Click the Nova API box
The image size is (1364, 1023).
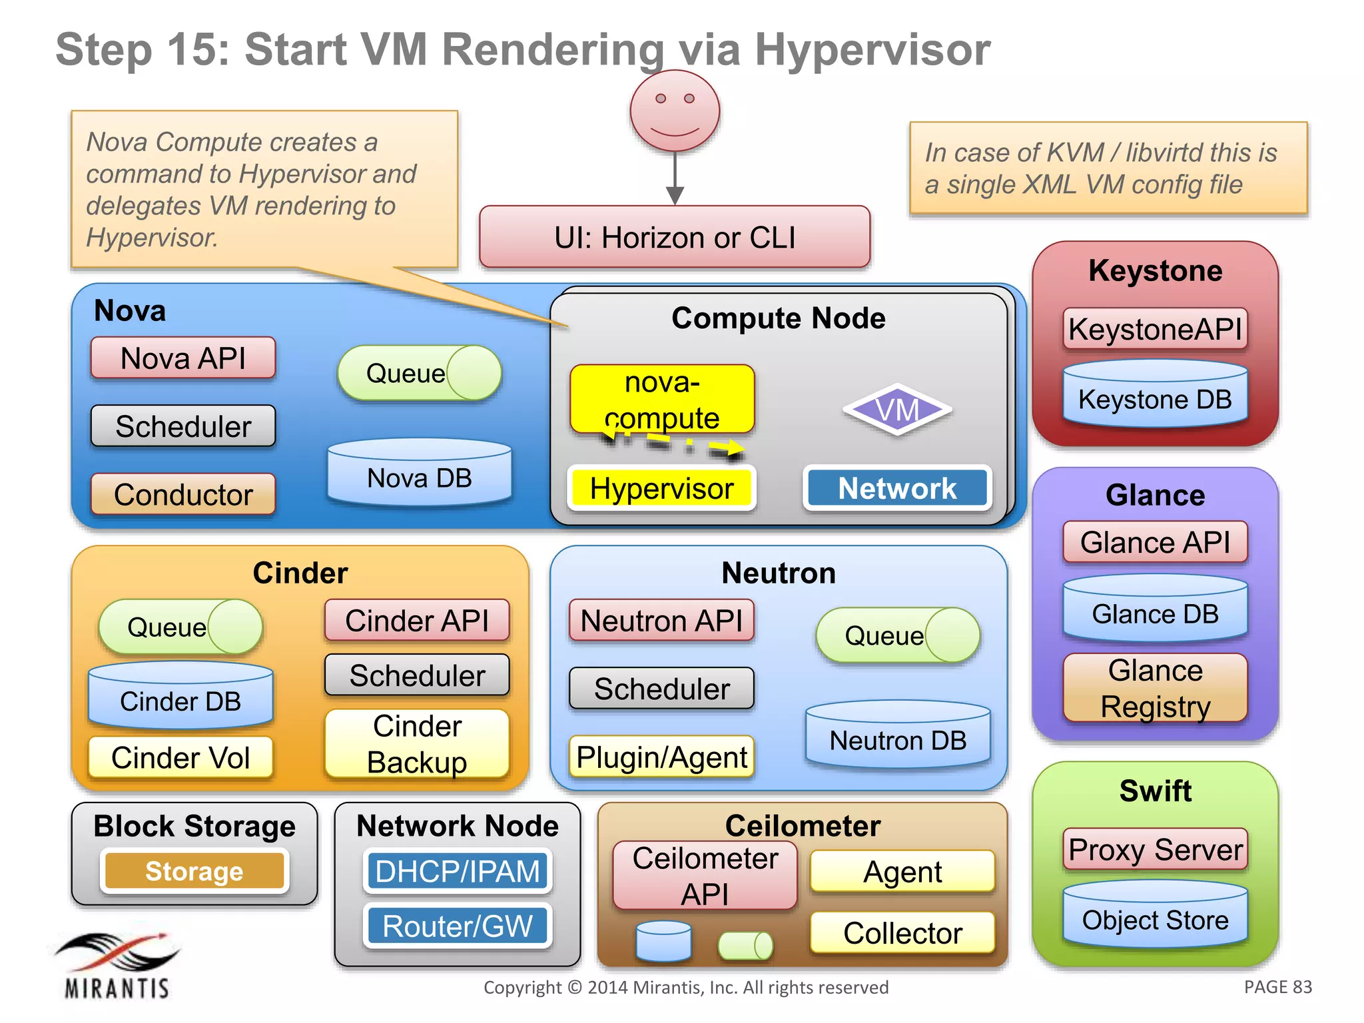tap(183, 358)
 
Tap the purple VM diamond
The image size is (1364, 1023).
tap(897, 410)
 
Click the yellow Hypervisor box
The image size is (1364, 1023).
tap(661, 488)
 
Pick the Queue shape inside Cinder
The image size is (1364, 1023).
tap(180, 627)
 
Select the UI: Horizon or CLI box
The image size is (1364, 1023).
tap(675, 238)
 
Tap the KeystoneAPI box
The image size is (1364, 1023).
tap(1155, 329)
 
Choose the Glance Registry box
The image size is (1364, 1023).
tap(1155, 688)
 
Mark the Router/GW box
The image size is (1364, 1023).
tap(458, 926)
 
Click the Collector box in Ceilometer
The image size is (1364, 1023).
tap(902, 932)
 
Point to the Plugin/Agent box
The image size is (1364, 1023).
tap(661, 757)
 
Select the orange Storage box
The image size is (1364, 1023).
tap(194, 871)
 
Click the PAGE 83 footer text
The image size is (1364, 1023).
tap(1277, 987)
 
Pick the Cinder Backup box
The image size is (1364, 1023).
tap(417, 744)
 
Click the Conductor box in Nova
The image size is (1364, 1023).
tap(183, 494)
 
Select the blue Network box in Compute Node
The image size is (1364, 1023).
tap(897, 488)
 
